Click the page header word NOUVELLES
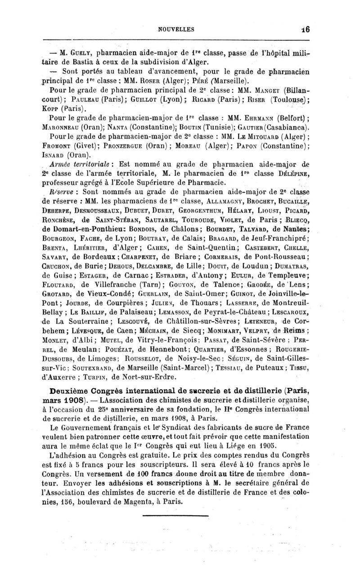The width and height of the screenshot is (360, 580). [x=176, y=30]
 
